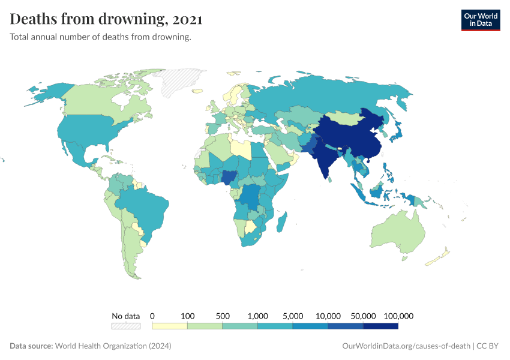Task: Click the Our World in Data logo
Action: tap(480, 19)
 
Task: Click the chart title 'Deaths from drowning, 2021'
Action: tap(106, 19)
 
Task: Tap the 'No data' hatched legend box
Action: tap(126, 326)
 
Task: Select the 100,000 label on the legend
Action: tap(398, 316)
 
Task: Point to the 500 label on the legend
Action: tap(223, 316)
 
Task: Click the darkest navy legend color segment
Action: tap(381, 326)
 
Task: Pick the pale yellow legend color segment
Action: tap(170, 326)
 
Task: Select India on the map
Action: tap(326, 157)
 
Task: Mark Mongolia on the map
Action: tap(349, 117)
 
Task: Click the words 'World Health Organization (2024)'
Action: tap(113, 346)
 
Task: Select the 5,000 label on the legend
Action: tap(293, 316)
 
